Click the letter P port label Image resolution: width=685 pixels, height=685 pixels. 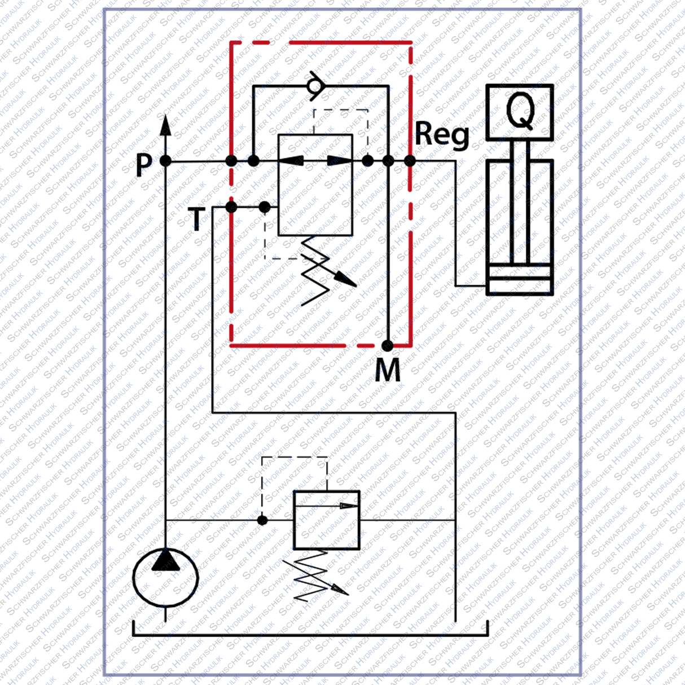click(144, 165)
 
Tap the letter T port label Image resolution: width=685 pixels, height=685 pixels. click(197, 219)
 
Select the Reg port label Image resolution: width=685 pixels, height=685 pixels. click(442, 135)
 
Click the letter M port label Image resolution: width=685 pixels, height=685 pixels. click(388, 370)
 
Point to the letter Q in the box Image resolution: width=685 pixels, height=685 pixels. click(520, 111)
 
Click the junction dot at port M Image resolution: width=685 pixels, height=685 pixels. click(388, 345)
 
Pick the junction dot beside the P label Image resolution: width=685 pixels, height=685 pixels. click(165, 161)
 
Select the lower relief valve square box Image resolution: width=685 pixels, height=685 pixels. click(327, 520)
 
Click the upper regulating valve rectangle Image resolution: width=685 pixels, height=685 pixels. click(315, 185)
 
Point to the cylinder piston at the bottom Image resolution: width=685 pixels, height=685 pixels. click(519, 279)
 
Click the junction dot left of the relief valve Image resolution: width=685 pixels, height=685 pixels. click(262, 520)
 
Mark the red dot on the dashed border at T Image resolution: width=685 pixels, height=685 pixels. click(231, 207)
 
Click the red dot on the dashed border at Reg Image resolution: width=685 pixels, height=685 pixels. click(410, 161)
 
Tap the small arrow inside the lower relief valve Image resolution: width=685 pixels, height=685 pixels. click(343, 506)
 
